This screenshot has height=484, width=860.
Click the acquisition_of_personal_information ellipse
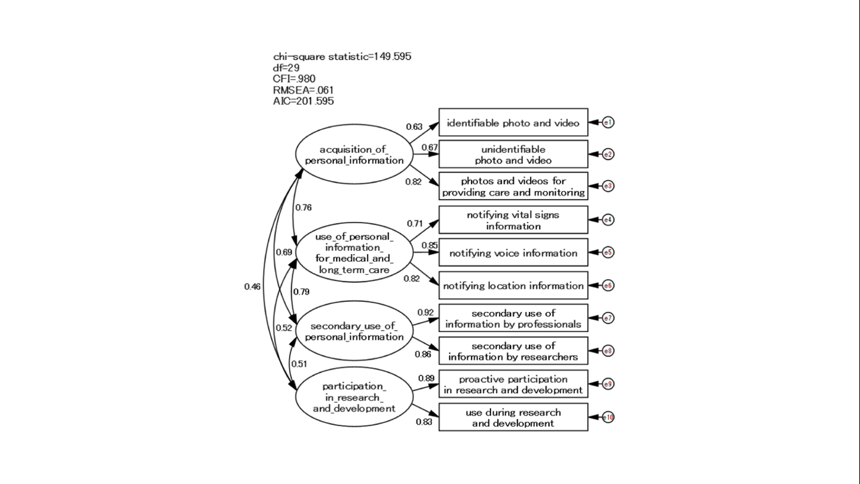[354, 155]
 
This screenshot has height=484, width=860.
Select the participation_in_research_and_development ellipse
[354, 397]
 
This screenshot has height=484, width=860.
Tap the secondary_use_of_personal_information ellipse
[354, 331]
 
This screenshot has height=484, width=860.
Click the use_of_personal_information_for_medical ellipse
[354, 253]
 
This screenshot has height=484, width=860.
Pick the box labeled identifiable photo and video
[513, 122]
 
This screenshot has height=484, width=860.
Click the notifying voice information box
[513, 253]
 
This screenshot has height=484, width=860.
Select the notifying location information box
[513, 286]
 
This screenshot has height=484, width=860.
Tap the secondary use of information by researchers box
[513, 352]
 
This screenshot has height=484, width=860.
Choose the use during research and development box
[513, 417]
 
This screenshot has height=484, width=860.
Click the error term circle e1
[608, 122]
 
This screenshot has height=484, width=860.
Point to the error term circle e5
[608, 253]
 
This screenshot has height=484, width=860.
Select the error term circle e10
[608, 417]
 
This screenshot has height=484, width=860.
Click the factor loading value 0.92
[425, 313]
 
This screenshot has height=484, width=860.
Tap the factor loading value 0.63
[414, 126]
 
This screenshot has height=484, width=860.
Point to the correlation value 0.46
[252, 287]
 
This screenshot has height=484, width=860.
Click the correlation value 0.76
[303, 208]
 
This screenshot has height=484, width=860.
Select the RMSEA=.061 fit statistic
[303, 90]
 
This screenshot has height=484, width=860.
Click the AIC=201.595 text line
[303, 101]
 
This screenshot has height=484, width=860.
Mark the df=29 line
[286, 68]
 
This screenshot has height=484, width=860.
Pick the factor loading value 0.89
[425, 378]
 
